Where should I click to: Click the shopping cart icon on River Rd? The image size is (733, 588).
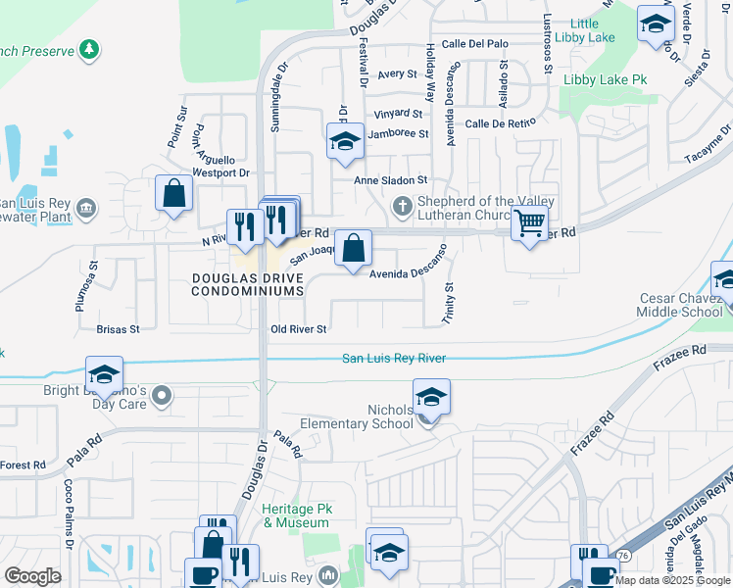[x=529, y=224]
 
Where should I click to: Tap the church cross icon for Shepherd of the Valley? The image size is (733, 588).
[x=401, y=206]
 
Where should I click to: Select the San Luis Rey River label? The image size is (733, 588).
[x=393, y=359]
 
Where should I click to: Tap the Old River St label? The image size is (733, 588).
[x=298, y=329]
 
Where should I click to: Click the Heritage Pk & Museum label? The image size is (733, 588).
[x=296, y=516]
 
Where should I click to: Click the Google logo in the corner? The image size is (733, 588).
[x=32, y=576]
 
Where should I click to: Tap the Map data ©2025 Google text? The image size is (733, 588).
[x=672, y=580]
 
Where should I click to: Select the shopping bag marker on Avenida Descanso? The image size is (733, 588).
[x=353, y=249]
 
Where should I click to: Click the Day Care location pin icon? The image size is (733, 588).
[x=163, y=397]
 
